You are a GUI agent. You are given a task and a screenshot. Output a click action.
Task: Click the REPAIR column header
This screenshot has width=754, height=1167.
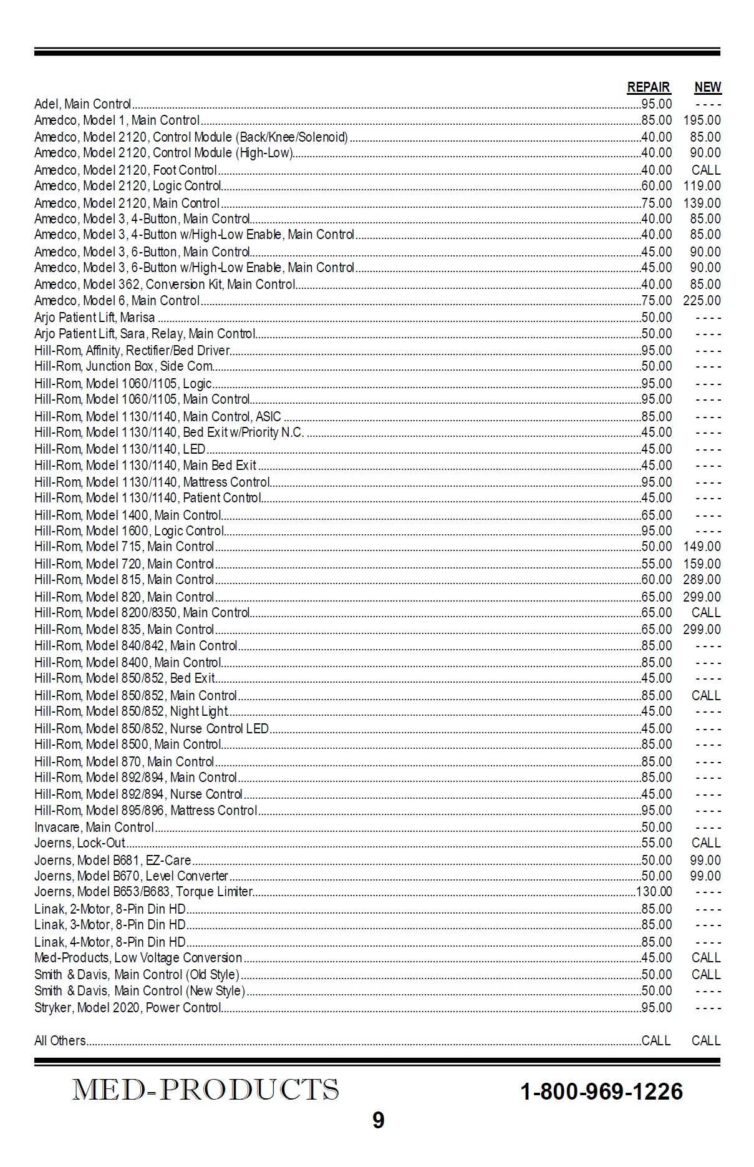click(x=649, y=87)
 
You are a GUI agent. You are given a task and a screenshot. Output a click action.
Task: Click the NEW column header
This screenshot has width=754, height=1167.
click(x=707, y=87)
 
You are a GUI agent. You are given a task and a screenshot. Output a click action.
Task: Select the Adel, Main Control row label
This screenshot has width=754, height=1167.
click(x=82, y=104)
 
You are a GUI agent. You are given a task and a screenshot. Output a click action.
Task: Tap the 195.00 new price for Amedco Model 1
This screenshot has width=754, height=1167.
click(x=702, y=120)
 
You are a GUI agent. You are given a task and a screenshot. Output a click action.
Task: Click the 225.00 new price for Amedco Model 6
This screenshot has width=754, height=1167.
click(x=702, y=301)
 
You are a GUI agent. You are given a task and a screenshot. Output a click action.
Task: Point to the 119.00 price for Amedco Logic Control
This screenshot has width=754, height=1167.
click(x=702, y=186)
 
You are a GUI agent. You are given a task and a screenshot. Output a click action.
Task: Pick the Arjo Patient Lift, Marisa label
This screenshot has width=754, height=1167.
click(x=94, y=318)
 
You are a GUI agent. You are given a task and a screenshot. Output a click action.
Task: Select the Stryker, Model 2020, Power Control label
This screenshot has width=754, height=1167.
click(x=128, y=1008)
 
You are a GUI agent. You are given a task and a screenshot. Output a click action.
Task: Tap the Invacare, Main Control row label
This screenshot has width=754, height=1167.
click(x=94, y=828)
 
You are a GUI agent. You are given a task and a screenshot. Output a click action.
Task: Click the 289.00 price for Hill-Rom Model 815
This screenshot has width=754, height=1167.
click(x=702, y=580)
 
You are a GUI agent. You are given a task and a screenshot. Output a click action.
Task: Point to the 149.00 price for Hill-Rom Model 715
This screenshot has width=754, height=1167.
click(x=702, y=547)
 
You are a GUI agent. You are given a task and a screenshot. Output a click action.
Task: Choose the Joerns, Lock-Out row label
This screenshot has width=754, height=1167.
click(x=79, y=843)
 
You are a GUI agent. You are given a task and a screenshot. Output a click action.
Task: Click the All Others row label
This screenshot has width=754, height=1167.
click(x=60, y=1041)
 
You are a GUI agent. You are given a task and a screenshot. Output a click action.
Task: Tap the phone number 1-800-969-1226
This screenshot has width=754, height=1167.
click(x=601, y=1091)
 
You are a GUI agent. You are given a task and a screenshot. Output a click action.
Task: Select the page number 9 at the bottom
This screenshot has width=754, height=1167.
click(x=378, y=1121)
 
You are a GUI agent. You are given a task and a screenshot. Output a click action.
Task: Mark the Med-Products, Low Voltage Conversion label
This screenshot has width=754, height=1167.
click(x=138, y=958)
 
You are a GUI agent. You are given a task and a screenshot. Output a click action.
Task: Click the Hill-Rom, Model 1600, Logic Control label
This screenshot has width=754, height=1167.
click(x=129, y=531)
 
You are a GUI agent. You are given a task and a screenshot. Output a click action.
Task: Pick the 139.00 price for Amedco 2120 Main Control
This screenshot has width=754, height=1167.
click(x=702, y=203)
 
